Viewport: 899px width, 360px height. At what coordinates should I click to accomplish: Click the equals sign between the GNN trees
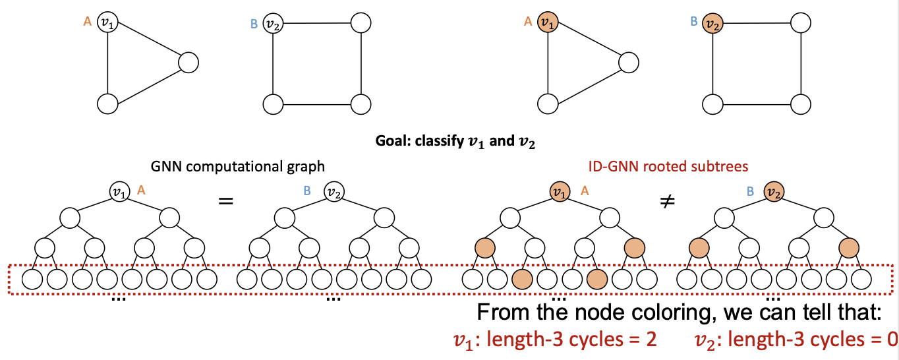(x=226, y=200)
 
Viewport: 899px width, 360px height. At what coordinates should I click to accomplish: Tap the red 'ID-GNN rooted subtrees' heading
(x=668, y=167)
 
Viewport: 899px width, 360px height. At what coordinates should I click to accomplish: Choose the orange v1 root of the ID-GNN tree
(x=559, y=193)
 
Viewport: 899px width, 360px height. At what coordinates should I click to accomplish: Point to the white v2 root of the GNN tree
(x=333, y=193)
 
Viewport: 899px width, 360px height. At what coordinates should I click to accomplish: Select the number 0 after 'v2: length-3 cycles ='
(x=892, y=340)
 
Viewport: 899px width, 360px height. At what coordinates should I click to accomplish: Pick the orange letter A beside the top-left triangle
(x=87, y=22)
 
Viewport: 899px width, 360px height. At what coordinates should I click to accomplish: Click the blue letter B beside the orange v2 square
(x=693, y=22)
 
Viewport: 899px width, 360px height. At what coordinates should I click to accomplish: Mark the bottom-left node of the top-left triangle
(x=107, y=104)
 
